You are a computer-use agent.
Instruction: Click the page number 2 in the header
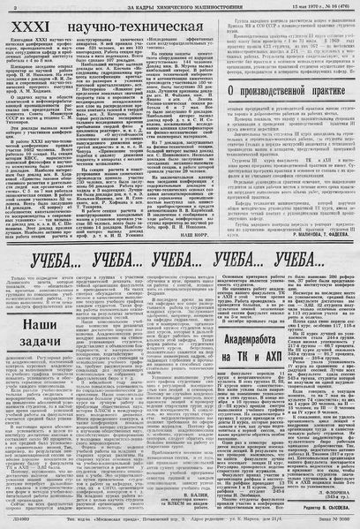tap(6, 6)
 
